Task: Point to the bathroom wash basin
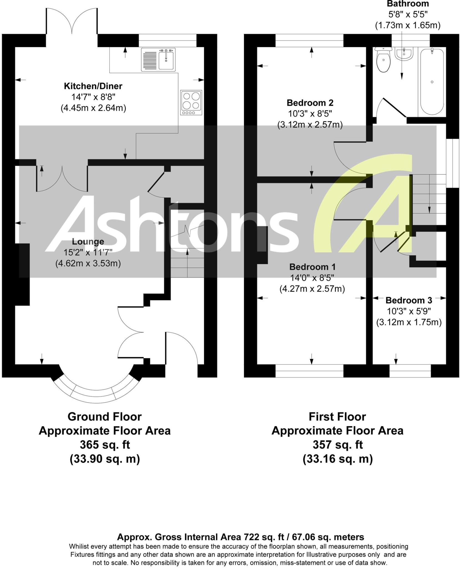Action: click(404, 54)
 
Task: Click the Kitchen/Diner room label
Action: click(93, 86)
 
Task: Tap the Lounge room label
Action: click(88, 242)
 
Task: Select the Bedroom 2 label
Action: click(310, 103)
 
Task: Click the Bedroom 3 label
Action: click(409, 300)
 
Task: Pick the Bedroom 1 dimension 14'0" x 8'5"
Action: click(312, 278)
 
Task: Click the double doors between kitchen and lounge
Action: click(62, 179)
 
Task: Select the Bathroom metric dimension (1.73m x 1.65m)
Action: click(408, 26)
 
